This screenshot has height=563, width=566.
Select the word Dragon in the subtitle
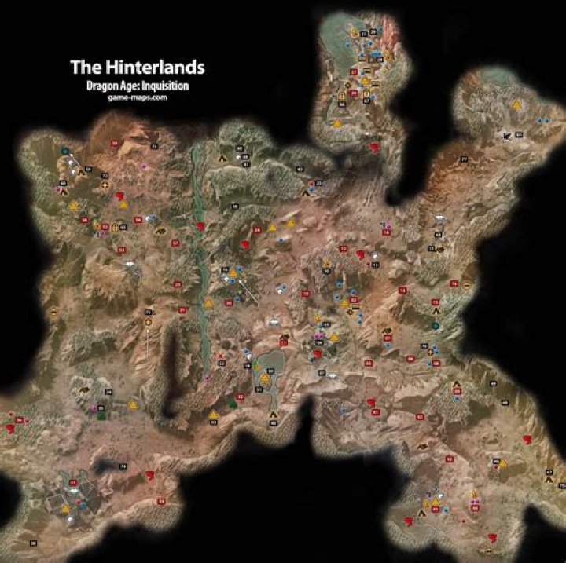(x=105, y=86)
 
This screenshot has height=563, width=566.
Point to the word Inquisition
(x=164, y=86)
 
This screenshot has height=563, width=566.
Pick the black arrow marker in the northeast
(x=507, y=136)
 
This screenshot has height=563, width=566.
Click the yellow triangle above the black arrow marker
(x=516, y=103)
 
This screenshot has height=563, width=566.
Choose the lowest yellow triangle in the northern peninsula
(x=336, y=123)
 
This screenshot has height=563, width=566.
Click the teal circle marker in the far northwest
(x=64, y=151)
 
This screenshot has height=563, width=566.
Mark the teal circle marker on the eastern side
(x=435, y=324)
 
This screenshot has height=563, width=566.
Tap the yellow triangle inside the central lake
(x=265, y=377)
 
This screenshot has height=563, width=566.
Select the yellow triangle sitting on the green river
(x=208, y=302)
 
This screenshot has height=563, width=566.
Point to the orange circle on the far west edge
(x=54, y=311)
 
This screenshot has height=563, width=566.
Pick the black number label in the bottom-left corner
(x=33, y=543)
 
